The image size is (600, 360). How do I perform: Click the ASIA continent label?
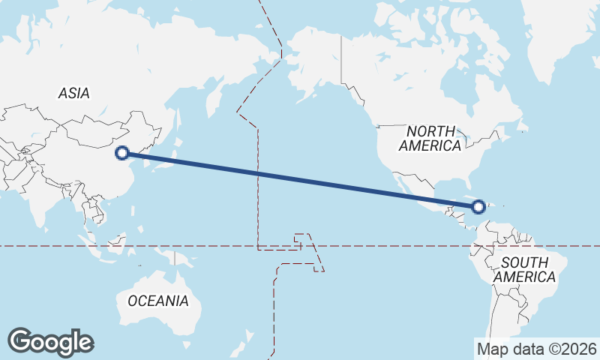73,94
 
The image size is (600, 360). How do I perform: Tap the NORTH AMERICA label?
430,139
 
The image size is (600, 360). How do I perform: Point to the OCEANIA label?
158,301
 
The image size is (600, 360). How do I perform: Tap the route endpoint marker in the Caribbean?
478,206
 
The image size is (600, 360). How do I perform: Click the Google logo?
50,342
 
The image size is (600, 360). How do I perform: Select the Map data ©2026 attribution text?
537,349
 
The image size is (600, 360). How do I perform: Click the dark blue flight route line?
300,180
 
